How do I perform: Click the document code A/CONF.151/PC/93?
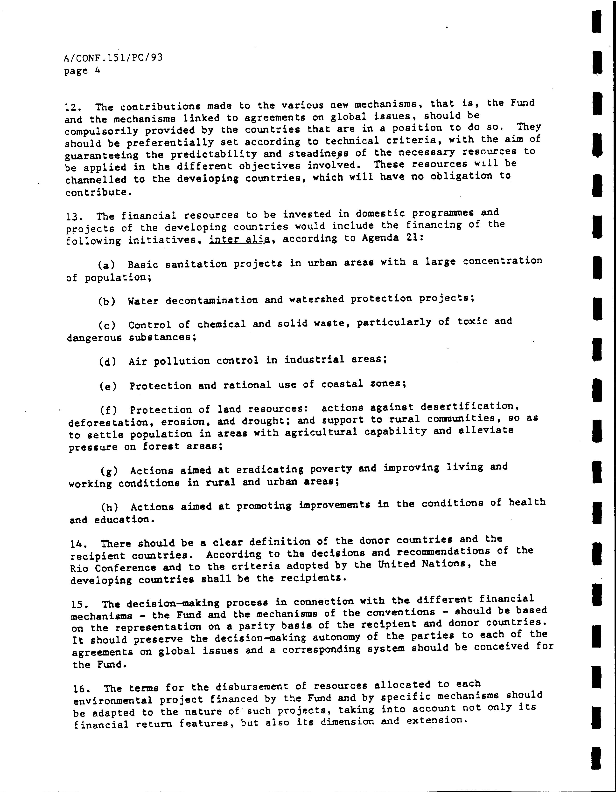113,58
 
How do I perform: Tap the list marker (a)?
106,265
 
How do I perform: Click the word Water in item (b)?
143,301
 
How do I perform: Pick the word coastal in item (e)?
342,384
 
